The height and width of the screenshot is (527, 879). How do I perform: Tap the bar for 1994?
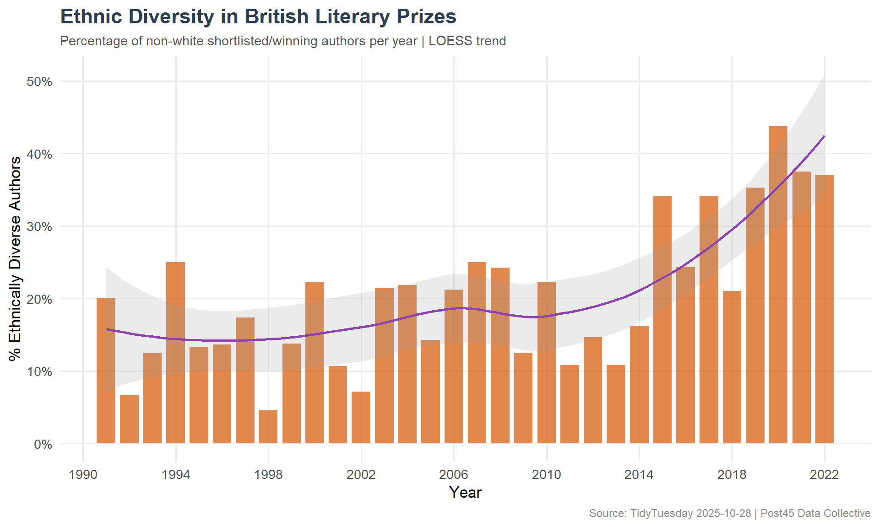click(x=176, y=353)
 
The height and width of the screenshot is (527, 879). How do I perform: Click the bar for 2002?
click(x=361, y=417)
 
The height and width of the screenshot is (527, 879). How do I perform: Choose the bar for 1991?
click(x=106, y=371)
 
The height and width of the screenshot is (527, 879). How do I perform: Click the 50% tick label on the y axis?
click(x=40, y=82)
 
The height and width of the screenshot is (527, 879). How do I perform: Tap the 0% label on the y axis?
click(x=43, y=444)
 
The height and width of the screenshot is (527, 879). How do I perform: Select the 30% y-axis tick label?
click(x=40, y=227)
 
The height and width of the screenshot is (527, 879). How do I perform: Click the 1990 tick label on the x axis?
click(x=83, y=475)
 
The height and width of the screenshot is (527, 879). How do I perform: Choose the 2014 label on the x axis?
click(x=639, y=475)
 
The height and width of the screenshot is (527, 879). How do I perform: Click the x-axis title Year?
click(x=465, y=493)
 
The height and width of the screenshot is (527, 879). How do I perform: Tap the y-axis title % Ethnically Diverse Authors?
click(x=15, y=258)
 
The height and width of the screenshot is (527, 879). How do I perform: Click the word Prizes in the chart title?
click(x=426, y=17)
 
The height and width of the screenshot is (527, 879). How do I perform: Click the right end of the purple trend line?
click(x=824, y=136)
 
